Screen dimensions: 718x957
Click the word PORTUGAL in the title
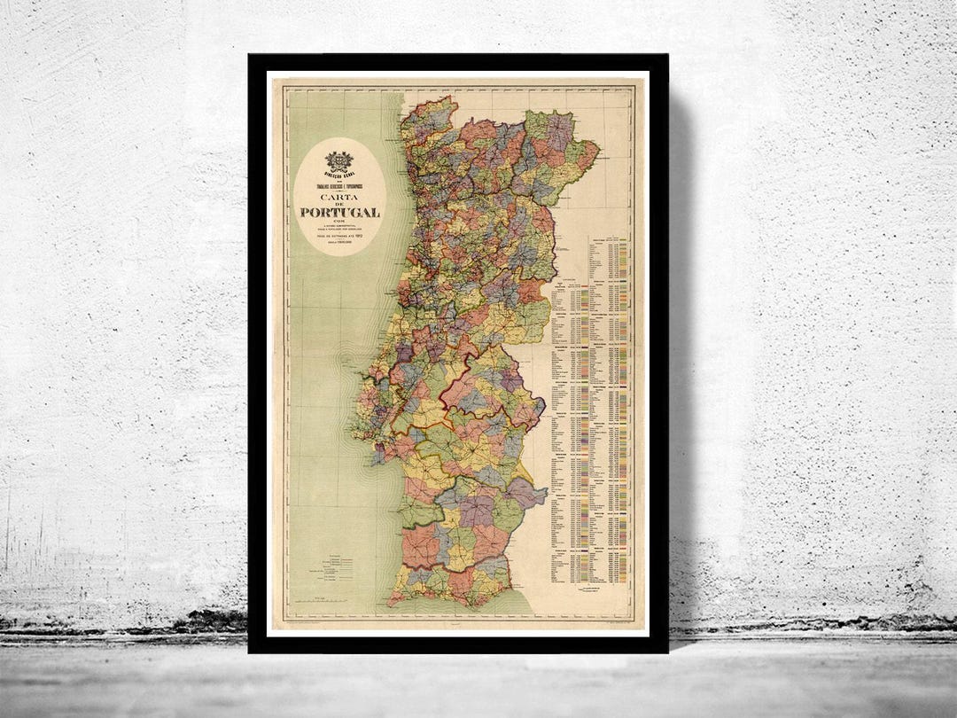[x=339, y=212]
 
